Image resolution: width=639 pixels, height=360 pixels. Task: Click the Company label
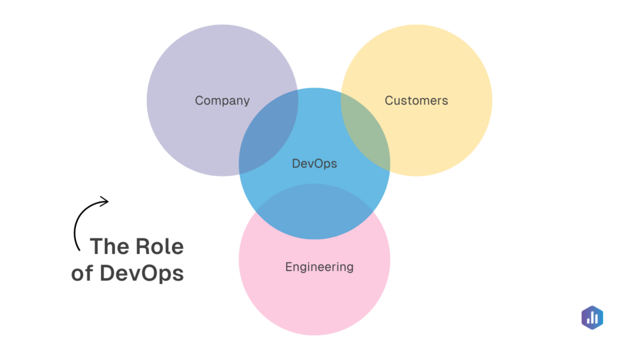222,100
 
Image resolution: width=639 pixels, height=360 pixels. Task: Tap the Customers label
416,100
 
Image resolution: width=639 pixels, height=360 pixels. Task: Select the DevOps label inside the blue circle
314,164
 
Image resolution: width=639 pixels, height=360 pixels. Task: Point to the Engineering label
319,267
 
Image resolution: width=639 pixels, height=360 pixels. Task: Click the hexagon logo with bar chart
592,318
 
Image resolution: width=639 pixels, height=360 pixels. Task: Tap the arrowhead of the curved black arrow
106,201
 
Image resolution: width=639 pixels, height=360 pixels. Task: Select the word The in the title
110,246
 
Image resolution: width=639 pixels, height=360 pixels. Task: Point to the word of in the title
82,274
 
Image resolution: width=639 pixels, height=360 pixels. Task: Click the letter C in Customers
389,100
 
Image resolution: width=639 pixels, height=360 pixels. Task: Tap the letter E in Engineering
289,267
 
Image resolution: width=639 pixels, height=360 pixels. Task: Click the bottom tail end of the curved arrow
79,249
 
